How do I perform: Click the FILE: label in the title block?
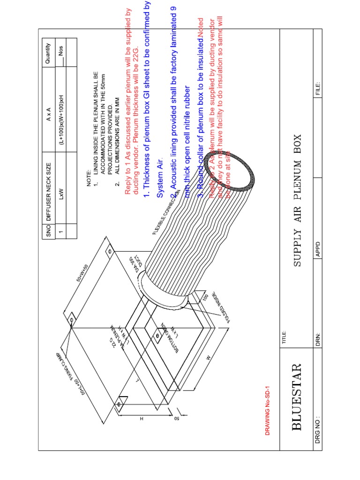[x=318, y=88]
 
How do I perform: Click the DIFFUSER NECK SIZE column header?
[x=48, y=187]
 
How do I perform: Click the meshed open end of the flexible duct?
[x=239, y=168]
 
